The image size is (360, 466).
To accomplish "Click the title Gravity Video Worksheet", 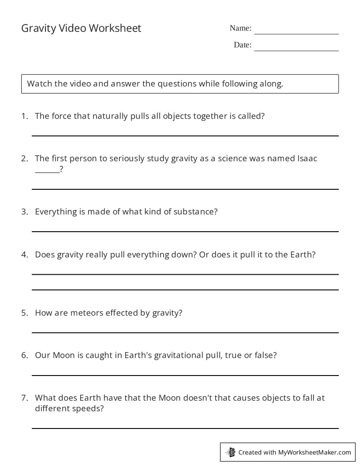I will (81, 28).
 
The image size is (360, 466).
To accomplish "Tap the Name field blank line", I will (296, 34).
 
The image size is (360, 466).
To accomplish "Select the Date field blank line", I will (296, 50).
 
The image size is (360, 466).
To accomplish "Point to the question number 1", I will (24, 116).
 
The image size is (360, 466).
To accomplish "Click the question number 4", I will (24, 255).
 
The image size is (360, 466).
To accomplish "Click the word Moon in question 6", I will (64, 355).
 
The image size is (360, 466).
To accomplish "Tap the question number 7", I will (24, 398).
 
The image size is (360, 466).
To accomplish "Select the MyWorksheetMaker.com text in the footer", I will (315, 452).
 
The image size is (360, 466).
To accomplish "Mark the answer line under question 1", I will (185, 136).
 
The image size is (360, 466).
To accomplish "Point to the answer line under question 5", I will (185, 332).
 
